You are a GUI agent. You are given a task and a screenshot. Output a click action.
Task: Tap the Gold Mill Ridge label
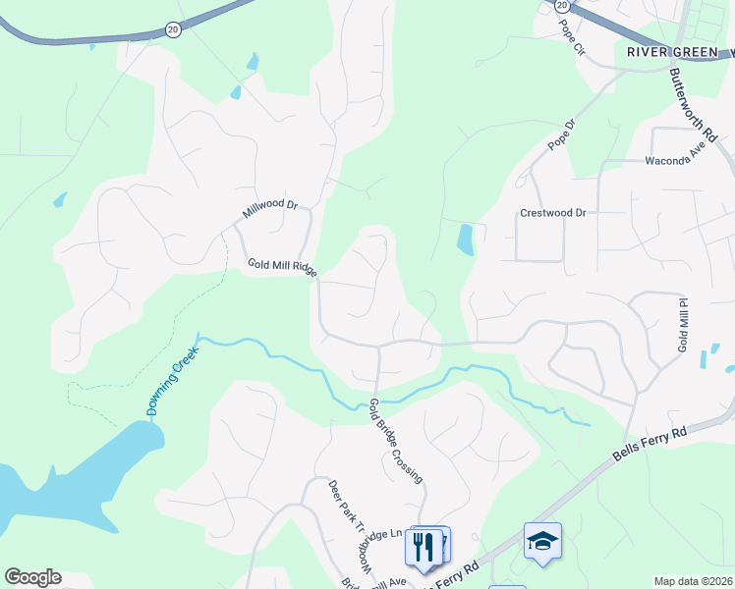pos(282,267)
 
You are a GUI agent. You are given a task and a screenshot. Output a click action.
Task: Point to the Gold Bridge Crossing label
pos(398,441)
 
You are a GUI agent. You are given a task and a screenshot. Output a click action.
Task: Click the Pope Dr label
pos(560,136)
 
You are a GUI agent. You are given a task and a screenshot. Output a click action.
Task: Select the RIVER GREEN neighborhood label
pos(671,53)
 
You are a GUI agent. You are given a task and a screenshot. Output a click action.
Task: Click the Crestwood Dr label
pos(552,213)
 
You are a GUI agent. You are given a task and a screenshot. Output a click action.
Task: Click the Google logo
pos(32,577)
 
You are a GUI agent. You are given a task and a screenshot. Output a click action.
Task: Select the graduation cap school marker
pos(542,542)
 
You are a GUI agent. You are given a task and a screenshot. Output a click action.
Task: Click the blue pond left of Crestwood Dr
pos(465,239)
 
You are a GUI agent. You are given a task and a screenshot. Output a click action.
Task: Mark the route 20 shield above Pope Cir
pos(561,5)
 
